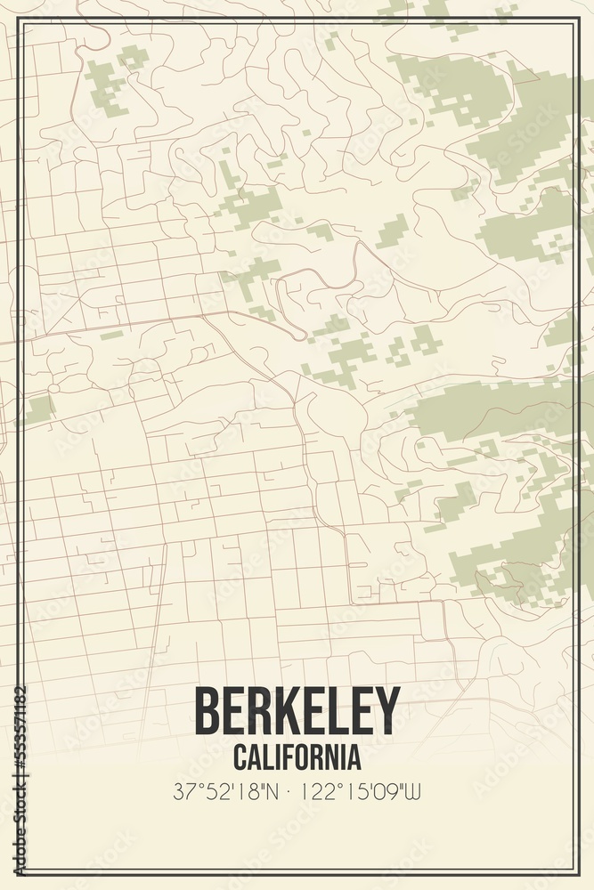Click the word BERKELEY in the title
pyautogui.click(x=297, y=711)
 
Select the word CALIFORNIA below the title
pyautogui.click(x=297, y=757)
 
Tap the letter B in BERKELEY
pyautogui.click(x=207, y=711)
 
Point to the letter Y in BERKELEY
pyautogui.click(x=388, y=711)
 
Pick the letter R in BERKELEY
pyautogui.click(x=258, y=711)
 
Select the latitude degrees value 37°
pyautogui.click(x=184, y=790)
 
